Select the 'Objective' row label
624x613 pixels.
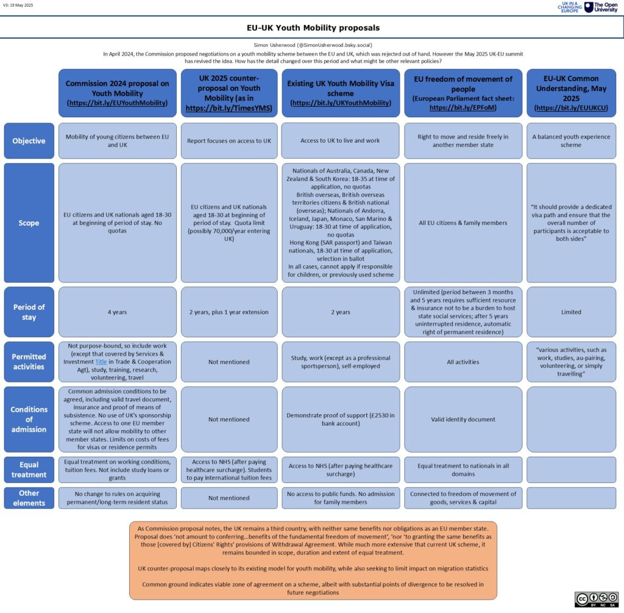pos(29,141)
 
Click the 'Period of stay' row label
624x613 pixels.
pos(29,312)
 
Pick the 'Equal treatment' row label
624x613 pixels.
pos(29,470)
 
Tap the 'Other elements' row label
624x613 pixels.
pos(29,498)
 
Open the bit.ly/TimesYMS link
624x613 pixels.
pos(229,108)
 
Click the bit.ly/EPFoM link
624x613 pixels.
pos(463,107)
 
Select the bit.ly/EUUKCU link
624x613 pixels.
pos(571,107)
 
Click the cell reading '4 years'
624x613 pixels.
pos(118,312)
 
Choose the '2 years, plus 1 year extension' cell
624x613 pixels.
pos(229,312)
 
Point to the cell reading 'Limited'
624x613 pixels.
pos(571,312)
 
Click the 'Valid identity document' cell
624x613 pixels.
pos(463,419)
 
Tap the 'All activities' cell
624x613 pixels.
pos(463,362)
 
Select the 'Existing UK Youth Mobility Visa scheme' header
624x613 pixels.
pos(341,93)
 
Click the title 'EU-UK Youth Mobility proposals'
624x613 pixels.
pos(312,28)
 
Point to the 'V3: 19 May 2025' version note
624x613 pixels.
pos(18,5)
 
